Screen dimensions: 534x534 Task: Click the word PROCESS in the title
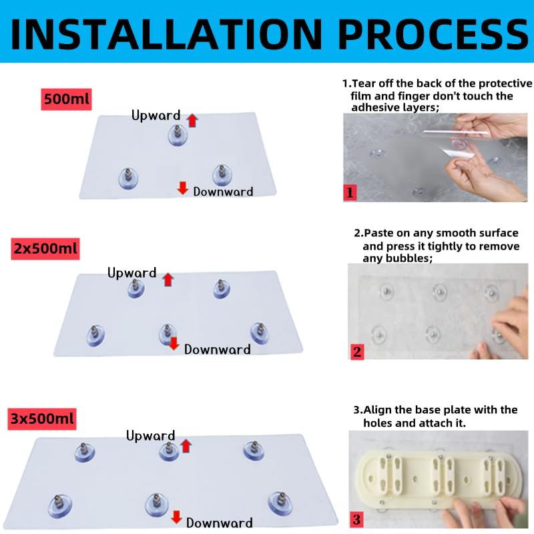[433, 35]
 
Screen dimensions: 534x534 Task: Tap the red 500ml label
[66, 99]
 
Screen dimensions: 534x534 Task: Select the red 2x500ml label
[45, 248]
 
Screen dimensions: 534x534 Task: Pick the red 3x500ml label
[42, 419]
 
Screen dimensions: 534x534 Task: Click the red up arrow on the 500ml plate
[192, 120]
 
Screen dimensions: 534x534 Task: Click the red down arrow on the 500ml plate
[183, 188]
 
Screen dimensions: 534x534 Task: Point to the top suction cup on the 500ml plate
[178, 136]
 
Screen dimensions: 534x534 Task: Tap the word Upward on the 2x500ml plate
[131, 273]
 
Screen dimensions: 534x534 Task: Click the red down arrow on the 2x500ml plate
[174, 343]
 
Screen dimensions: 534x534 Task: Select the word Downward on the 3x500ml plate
[220, 523]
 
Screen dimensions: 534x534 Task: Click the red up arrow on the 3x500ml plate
[186, 446]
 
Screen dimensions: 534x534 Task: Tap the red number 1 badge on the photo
[350, 193]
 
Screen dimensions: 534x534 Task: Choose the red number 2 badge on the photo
[357, 352]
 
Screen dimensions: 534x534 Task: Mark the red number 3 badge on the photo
[356, 519]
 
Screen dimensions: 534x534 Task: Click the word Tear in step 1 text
[364, 83]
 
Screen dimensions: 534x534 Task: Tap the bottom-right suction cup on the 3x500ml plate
[280, 503]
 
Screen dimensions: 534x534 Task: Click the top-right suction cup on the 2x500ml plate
[222, 289]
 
